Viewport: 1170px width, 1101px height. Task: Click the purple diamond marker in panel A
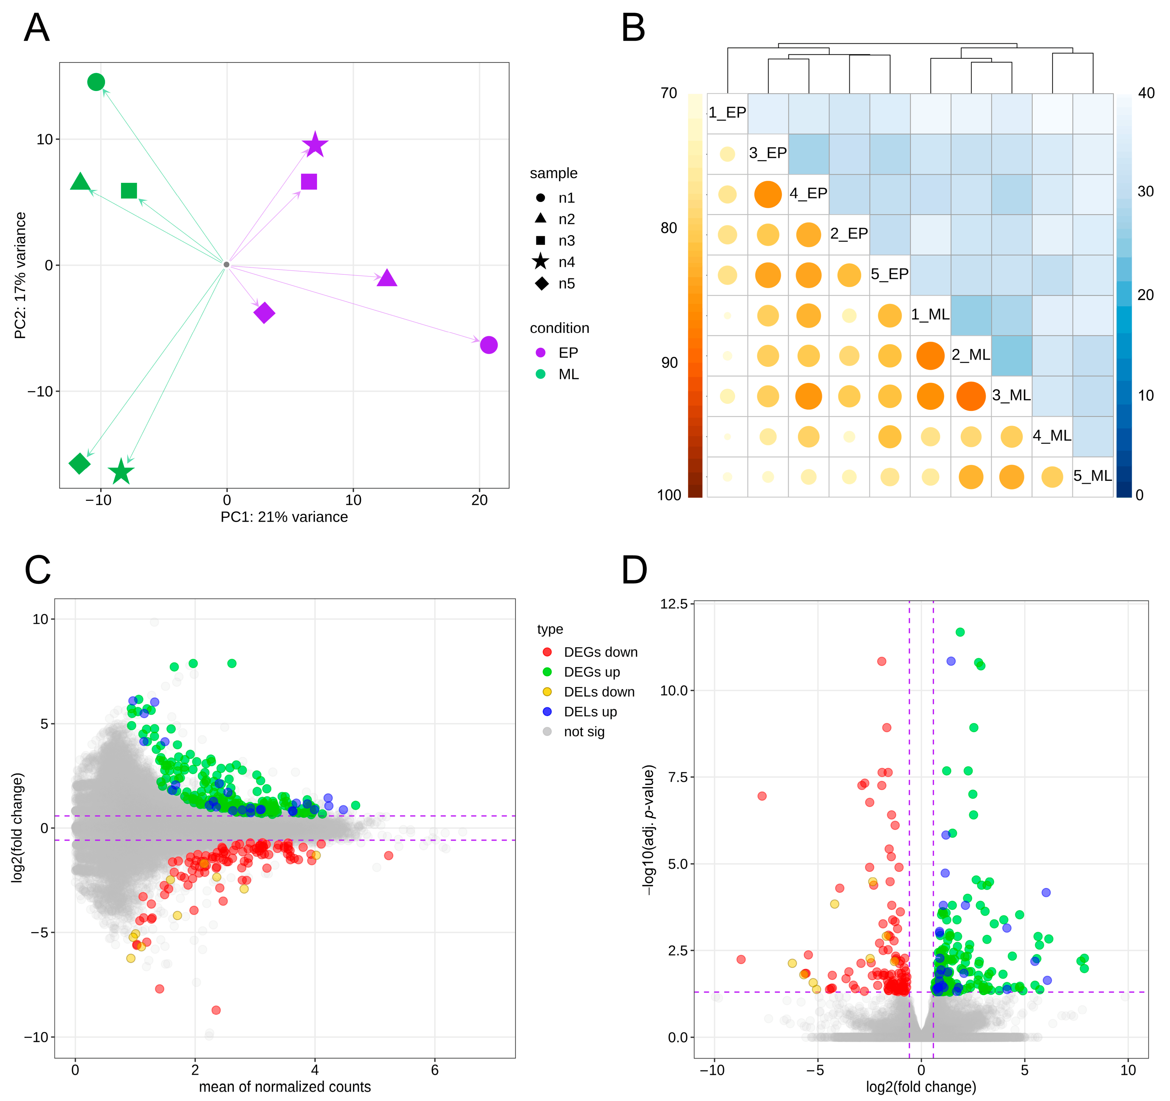[264, 312]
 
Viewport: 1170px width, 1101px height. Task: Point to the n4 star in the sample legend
[540, 262]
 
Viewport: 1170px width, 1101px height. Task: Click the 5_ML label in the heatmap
[1092, 476]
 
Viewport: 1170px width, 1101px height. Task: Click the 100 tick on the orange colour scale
[669, 495]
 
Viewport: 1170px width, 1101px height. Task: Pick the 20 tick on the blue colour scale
[1145, 295]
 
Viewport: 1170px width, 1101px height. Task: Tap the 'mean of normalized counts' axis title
[285, 1087]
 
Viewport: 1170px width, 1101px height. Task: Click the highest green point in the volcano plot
[960, 632]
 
